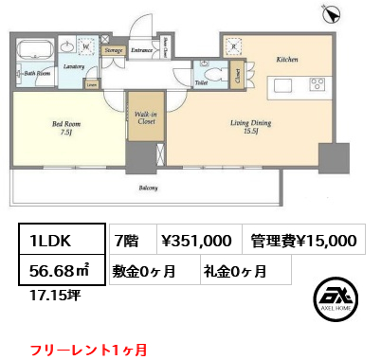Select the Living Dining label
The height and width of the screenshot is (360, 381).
[x=251, y=126]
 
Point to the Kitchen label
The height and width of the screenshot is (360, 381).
[x=287, y=59]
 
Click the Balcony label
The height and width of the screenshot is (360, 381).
[x=148, y=188]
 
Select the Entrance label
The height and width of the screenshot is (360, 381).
[x=143, y=48]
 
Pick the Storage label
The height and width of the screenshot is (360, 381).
[x=113, y=48]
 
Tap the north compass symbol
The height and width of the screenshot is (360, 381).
[x=333, y=13]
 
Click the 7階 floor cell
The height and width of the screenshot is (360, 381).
[x=127, y=242]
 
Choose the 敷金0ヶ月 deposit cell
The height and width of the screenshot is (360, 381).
[x=147, y=271]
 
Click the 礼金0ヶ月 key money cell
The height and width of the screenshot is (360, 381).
[x=232, y=271]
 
